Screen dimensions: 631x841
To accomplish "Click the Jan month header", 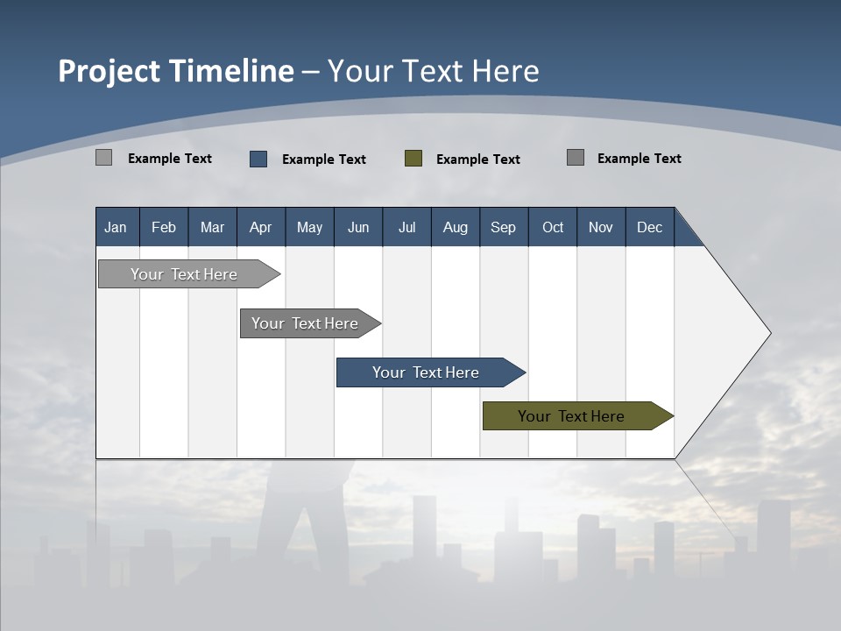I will pyautogui.click(x=117, y=227).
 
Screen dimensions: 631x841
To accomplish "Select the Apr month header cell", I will pyautogui.click(x=261, y=227).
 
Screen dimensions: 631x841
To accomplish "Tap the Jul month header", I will pyautogui.click(x=406, y=227).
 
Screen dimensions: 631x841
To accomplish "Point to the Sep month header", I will pyautogui.click(x=503, y=227).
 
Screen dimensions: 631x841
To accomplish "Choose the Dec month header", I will pyautogui.click(x=649, y=227).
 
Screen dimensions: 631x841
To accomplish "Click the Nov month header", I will pyautogui.click(x=601, y=227).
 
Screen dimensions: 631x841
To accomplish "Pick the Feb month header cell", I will pyautogui.click(x=164, y=227).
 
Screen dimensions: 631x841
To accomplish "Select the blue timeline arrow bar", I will pyautogui.click(x=427, y=372).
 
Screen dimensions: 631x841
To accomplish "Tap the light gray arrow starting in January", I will pyautogui.click(x=185, y=274).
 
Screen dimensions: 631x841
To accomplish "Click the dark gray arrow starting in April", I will pyautogui.click(x=306, y=323).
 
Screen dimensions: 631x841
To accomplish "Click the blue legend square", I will pyautogui.click(x=258, y=159).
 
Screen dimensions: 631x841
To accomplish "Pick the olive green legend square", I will pyautogui.click(x=413, y=159).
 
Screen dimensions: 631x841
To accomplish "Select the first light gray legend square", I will pyautogui.click(x=104, y=158).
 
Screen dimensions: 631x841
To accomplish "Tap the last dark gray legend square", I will pyautogui.click(x=576, y=158).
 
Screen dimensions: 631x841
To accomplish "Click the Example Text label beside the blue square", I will pyautogui.click(x=323, y=160).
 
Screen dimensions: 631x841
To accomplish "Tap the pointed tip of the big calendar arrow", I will pyautogui.click(x=768, y=333).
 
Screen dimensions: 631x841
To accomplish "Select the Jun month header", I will pyautogui.click(x=358, y=227).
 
